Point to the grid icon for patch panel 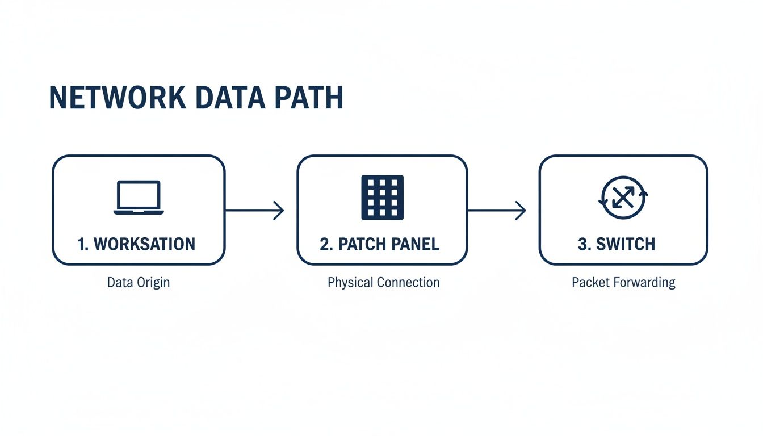pyautogui.click(x=383, y=198)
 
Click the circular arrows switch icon pyautogui.click(x=623, y=198)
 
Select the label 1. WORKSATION pyautogui.click(x=136, y=244)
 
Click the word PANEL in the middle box pyautogui.click(x=416, y=244)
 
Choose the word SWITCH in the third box pyautogui.click(x=627, y=244)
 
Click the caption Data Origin pyautogui.click(x=138, y=282)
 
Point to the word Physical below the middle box pyautogui.click(x=350, y=282)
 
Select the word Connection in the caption pyautogui.click(x=408, y=282)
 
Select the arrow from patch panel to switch pyautogui.click(x=497, y=211)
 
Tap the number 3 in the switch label pyautogui.click(x=582, y=244)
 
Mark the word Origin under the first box pyautogui.click(x=155, y=282)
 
